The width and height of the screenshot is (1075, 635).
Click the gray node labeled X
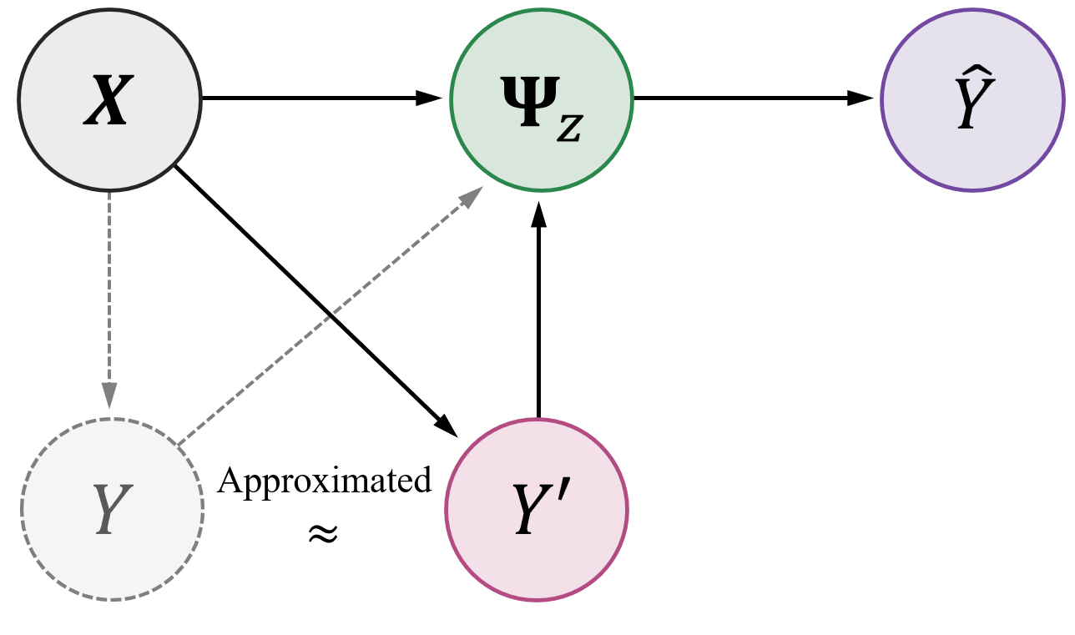pos(109,99)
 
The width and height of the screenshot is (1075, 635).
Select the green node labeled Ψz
pos(542,100)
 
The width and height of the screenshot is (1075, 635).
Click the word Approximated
pos(325,482)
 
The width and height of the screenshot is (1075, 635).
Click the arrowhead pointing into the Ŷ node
pos(868,98)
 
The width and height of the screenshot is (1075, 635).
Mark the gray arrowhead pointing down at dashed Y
pos(109,396)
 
